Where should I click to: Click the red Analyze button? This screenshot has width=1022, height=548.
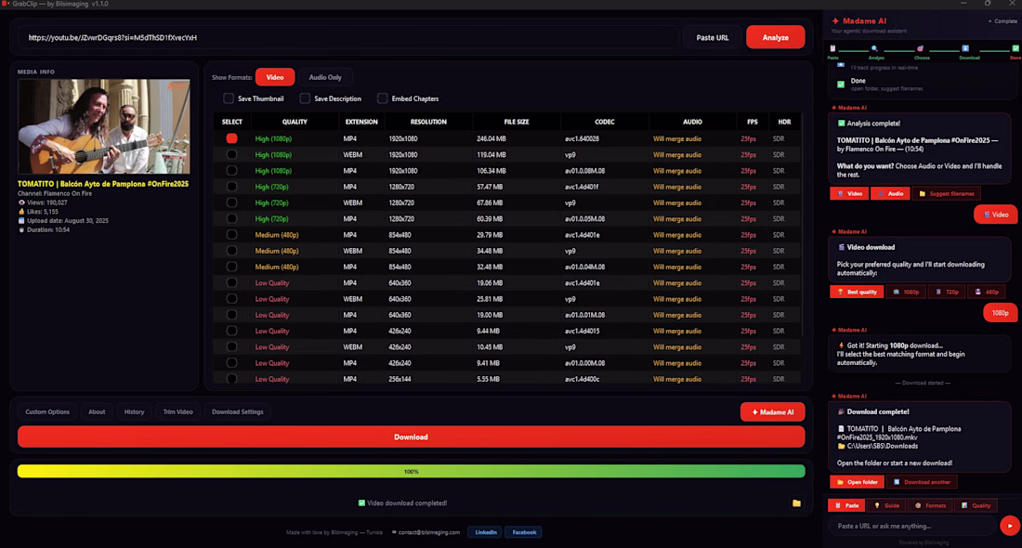click(x=775, y=37)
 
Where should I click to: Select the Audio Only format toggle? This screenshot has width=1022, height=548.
click(x=325, y=77)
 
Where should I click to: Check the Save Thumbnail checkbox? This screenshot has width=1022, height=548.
click(x=229, y=98)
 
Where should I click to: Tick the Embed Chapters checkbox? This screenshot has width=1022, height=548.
click(x=382, y=98)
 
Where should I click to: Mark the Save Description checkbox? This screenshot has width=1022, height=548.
click(x=305, y=98)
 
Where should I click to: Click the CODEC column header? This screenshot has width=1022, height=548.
click(x=605, y=122)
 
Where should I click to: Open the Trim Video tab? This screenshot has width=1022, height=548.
click(x=177, y=411)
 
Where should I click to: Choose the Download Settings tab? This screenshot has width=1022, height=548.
click(x=237, y=411)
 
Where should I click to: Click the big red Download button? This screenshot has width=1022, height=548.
click(x=411, y=437)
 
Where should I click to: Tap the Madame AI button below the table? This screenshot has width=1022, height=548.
click(x=772, y=411)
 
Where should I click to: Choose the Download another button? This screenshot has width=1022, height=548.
click(x=922, y=482)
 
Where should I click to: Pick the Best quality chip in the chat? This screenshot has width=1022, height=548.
click(x=856, y=292)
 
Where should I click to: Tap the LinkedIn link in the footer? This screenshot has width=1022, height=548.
click(x=485, y=532)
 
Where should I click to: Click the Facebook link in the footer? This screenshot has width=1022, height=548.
click(x=524, y=532)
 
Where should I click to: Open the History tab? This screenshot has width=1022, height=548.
click(x=135, y=411)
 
